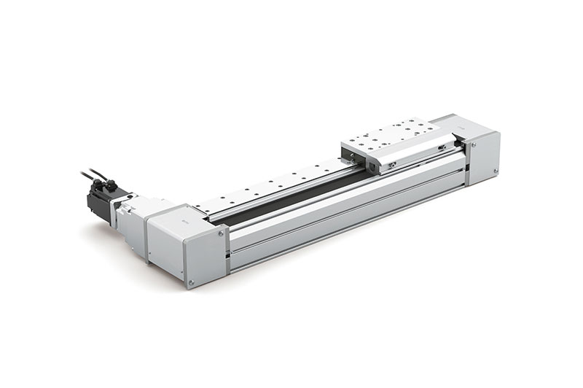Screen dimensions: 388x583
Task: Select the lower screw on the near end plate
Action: (191, 282)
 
